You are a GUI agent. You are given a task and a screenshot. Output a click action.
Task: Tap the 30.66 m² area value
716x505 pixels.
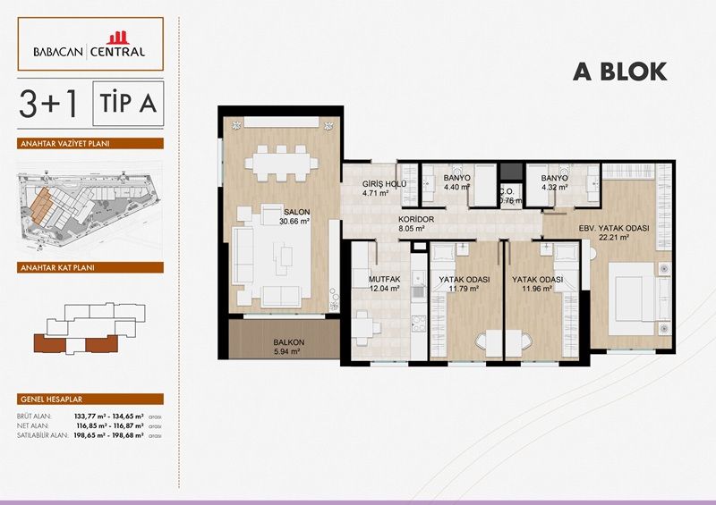click(x=294, y=222)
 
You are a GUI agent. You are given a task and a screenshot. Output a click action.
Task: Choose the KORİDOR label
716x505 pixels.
click(x=417, y=219)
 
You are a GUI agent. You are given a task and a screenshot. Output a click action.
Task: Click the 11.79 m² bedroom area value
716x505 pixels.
click(x=464, y=289)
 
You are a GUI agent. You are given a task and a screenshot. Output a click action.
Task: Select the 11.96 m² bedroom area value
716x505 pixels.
click(x=536, y=289)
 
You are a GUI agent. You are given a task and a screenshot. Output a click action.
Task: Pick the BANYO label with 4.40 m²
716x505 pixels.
click(x=457, y=178)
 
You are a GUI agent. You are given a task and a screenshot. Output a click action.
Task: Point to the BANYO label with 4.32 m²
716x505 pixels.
click(x=554, y=178)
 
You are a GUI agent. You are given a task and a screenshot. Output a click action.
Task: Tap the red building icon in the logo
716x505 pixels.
click(x=118, y=38)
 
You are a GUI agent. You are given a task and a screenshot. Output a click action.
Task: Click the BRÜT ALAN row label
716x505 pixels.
click(x=34, y=417)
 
